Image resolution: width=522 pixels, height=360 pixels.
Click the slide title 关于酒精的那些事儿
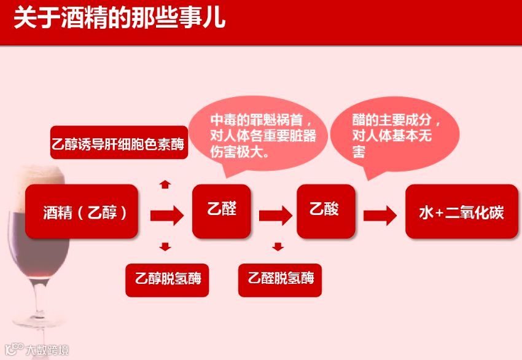[x=120, y=18]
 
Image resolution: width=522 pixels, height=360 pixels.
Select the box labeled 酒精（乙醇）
[x=81, y=212]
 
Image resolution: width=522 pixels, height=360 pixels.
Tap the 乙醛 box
[x=221, y=211]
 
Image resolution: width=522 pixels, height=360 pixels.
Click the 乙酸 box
[x=325, y=211]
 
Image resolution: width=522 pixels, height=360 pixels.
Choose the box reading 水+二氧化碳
[x=462, y=212]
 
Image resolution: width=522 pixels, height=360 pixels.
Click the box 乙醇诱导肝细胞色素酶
[x=118, y=144]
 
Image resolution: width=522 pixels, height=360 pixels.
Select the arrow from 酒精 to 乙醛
[x=166, y=215]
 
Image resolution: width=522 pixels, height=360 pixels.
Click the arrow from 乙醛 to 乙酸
[x=275, y=215]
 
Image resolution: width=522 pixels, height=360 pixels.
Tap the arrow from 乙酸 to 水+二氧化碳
[x=380, y=215]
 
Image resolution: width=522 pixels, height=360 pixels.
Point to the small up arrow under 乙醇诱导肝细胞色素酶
[x=165, y=183]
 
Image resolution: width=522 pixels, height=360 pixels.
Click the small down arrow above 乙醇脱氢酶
[x=165, y=247]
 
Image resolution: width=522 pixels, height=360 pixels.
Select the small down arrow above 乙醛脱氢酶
[x=278, y=247]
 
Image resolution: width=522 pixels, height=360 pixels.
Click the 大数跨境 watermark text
[x=47, y=350]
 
